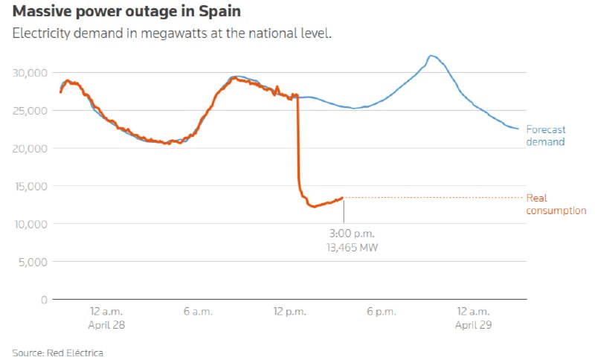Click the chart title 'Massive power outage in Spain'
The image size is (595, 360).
[x=126, y=11]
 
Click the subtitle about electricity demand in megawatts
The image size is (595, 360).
[x=172, y=33]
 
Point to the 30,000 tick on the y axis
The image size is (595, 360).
[x=30, y=73]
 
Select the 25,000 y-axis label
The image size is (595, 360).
[x=30, y=111]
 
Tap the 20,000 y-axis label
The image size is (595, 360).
[x=30, y=148]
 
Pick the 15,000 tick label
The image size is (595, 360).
[x=31, y=186]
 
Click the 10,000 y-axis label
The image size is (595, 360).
[x=31, y=224]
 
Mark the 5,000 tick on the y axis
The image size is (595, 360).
[x=33, y=262]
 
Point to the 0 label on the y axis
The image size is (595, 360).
[x=45, y=300]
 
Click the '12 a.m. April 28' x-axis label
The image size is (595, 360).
[x=106, y=318]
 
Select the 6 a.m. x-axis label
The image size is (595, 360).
[x=198, y=312]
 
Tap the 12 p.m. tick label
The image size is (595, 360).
[x=289, y=312]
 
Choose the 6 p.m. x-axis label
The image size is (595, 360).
[x=382, y=312]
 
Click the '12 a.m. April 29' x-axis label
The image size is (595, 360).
[x=473, y=318]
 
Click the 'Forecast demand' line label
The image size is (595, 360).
[x=546, y=136]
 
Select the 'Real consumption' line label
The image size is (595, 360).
[x=556, y=204]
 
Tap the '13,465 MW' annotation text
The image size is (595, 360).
[x=352, y=248]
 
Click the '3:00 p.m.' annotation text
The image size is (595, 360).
[x=352, y=234]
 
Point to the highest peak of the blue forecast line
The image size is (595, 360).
[x=431, y=56]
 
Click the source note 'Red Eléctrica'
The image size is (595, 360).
[x=75, y=353]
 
